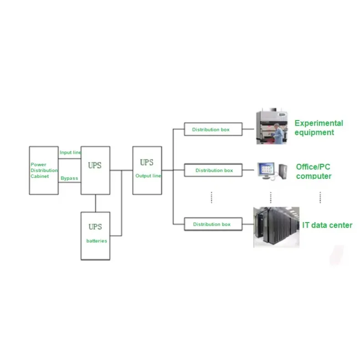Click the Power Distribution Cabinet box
point(44,170)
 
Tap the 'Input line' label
point(70,152)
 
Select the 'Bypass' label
point(69,178)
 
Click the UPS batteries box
point(95,236)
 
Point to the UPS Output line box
point(147,170)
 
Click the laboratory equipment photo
point(272,127)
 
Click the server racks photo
point(276,227)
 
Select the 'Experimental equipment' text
point(318,128)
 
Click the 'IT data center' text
point(327,225)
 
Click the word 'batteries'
point(96,241)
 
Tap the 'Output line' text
point(147,176)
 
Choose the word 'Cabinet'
point(39,176)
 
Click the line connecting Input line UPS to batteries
point(95,203)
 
